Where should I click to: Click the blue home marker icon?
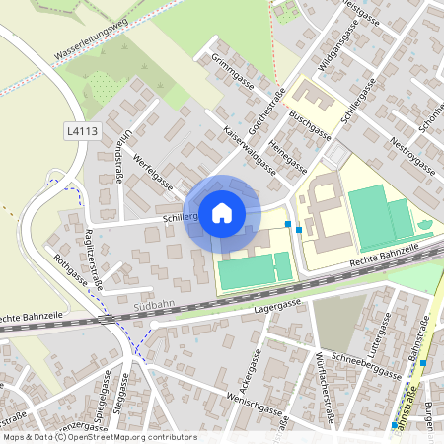point(222,212)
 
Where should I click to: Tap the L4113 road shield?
point(83,129)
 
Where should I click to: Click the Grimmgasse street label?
point(233,71)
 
